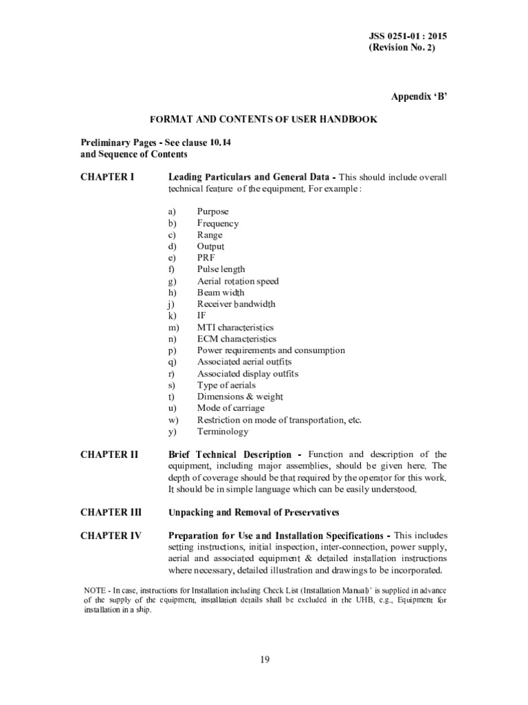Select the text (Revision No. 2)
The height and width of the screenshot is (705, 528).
point(402,48)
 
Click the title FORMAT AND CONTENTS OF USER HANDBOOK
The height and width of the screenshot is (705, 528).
point(263,119)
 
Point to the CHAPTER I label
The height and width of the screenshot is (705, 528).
point(107,177)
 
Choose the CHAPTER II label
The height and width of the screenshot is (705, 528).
point(109,454)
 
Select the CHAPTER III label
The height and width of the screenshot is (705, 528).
point(111,512)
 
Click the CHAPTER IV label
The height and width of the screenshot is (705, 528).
point(111,536)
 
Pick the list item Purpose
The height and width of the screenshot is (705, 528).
point(212,211)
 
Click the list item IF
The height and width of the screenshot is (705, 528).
point(201,315)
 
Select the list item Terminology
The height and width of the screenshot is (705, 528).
point(223,432)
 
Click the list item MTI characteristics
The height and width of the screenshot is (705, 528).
point(235,327)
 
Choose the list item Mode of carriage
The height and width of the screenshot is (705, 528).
point(230,408)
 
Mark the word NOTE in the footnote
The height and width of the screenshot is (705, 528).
point(94,591)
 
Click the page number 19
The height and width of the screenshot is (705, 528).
point(265,660)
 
